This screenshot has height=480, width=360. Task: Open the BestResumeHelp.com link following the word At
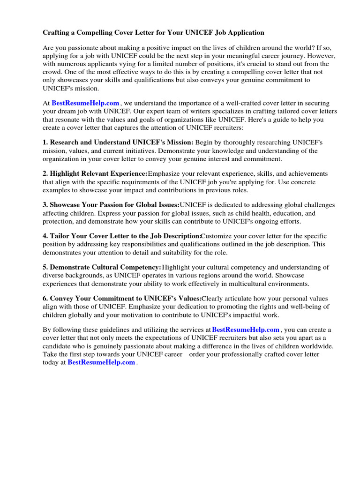click(85, 103)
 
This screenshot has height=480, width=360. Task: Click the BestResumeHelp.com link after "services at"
click(246, 330)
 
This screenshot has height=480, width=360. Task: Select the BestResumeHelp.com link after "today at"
click(101, 362)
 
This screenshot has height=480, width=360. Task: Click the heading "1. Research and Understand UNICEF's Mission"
click(118, 142)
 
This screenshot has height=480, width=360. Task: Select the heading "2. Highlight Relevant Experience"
click(95, 173)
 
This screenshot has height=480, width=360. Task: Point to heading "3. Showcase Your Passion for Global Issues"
click(111, 205)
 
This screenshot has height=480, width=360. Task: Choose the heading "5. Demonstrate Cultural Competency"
click(102, 267)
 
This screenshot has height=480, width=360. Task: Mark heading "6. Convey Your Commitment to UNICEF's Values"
click(122, 299)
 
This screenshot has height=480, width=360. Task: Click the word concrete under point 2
click(303, 182)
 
